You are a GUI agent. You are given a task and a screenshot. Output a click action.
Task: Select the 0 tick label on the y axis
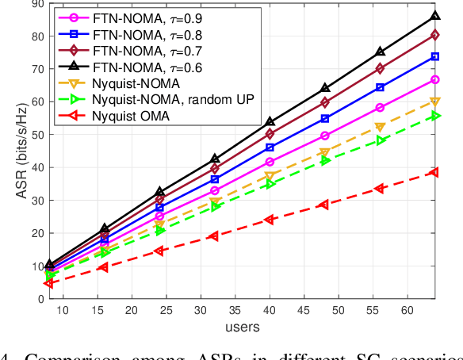tap(40, 299)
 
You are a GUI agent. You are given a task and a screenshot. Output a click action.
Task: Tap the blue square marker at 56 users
tap(402, 87)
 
